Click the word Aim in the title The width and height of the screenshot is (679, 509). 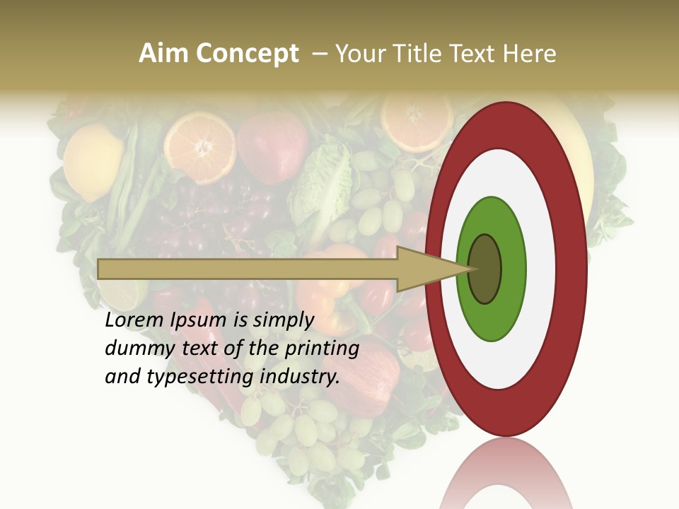[x=164, y=54]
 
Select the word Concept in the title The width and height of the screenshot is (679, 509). [x=248, y=54]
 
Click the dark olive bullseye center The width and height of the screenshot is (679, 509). [x=484, y=269]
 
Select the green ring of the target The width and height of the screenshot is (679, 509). [x=492, y=318]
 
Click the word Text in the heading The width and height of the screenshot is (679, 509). [x=475, y=54]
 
